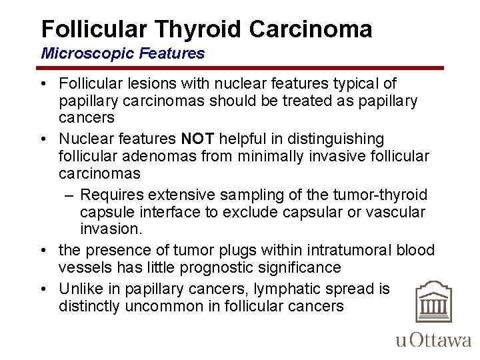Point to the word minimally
click(x=285, y=156)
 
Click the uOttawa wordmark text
click(x=433, y=340)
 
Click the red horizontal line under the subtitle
click(x=240, y=68)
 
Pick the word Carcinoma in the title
click(x=311, y=29)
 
